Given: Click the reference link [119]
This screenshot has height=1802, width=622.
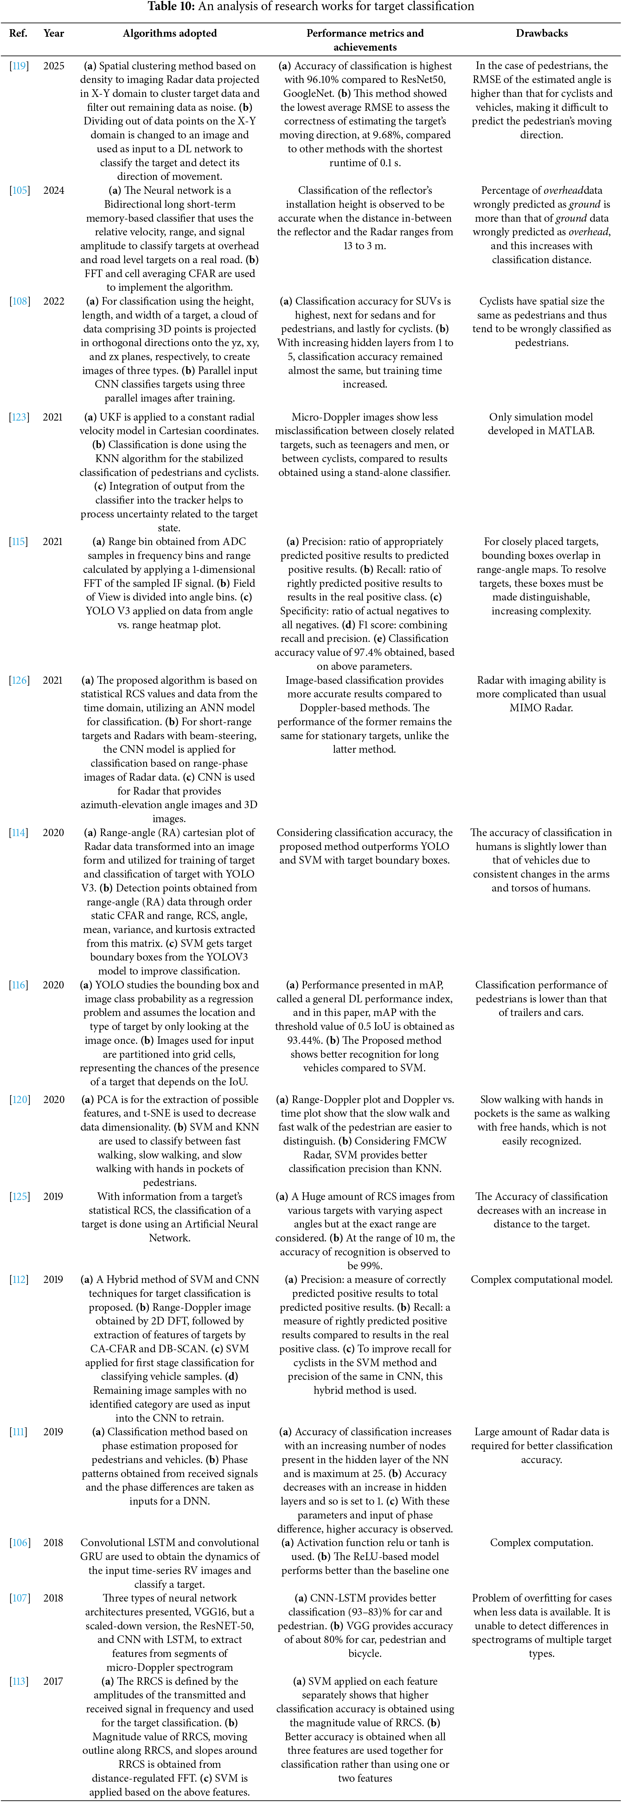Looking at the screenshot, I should pyautogui.click(x=18, y=66).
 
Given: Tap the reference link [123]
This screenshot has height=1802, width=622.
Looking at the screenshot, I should pyautogui.click(x=18, y=417).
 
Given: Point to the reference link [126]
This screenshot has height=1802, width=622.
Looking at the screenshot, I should pyautogui.click(x=18, y=680).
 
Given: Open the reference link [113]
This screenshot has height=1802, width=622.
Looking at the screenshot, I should pyautogui.click(x=18, y=1681).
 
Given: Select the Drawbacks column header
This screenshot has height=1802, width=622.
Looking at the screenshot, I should pyautogui.click(x=542, y=33).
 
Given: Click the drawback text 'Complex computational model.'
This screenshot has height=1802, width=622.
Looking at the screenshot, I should pyautogui.click(x=542, y=1279).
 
